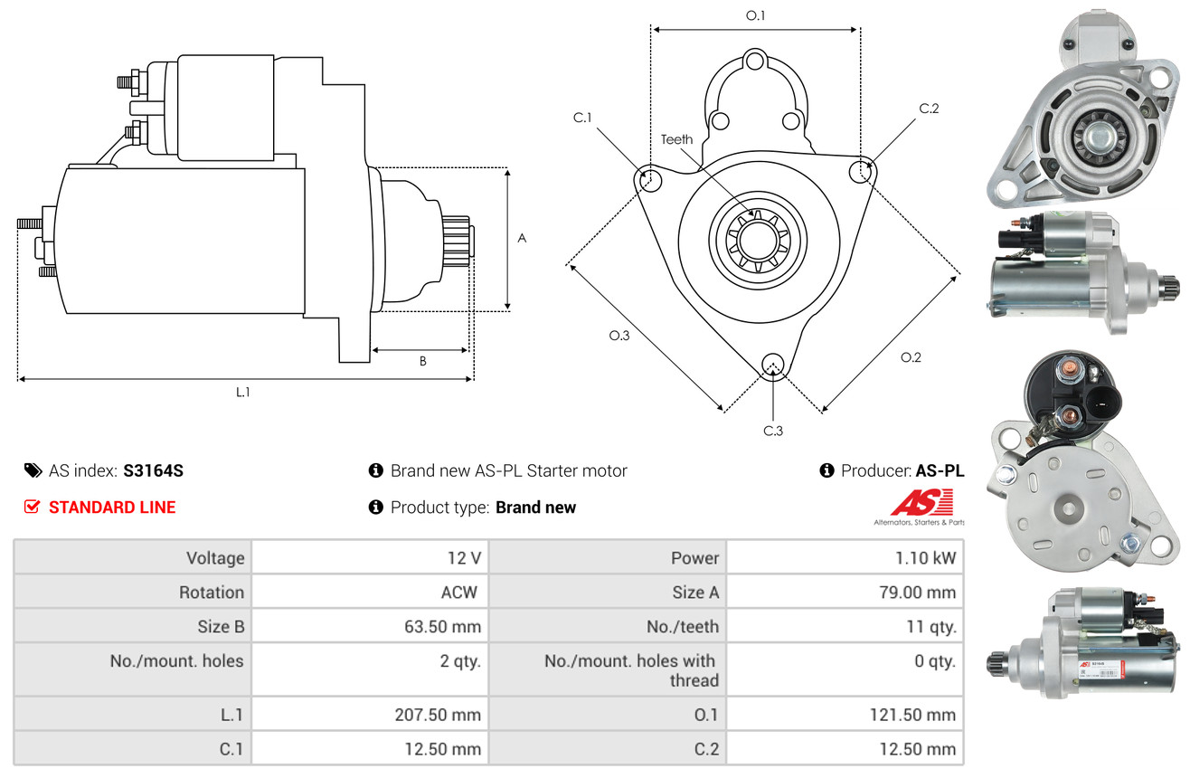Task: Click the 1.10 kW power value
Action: tap(924, 558)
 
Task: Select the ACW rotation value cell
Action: tap(459, 593)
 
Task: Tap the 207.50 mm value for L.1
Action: tap(439, 715)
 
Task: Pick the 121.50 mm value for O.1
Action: tap(913, 715)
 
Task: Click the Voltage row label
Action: tap(215, 558)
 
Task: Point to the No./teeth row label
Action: tap(684, 626)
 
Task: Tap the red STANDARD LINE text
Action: tap(112, 508)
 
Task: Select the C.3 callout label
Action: tap(772, 431)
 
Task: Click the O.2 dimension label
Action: tap(911, 357)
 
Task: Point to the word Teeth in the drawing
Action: tap(676, 139)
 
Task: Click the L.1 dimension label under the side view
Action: tap(243, 392)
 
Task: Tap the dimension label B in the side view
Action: tap(422, 361)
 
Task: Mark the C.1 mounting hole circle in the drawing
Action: tap(648, 179)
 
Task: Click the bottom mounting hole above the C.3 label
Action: tap(772, 365)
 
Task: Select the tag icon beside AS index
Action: tap(33, 470)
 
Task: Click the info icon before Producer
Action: tap(826, 470)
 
